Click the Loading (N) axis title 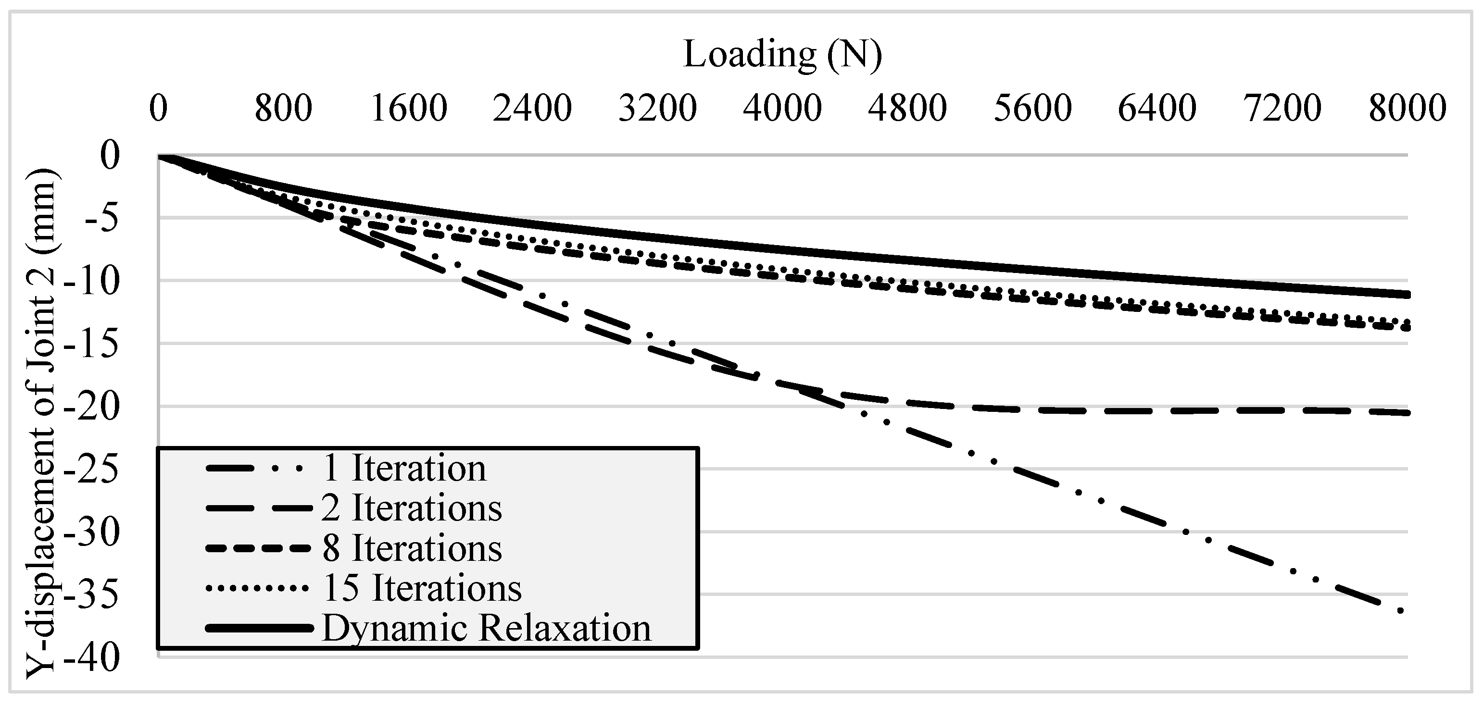[x=782, y=55]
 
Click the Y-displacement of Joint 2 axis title [x=41, y=423]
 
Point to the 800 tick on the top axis [x=283, y=108]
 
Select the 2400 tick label [x=532, y=108]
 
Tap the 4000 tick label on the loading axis [x=782, y=108]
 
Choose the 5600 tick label [x=1032, y=108]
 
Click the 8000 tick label [x=1407, y=108]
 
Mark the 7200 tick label [x=1282, y=108]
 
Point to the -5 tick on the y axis [x=102, y=219]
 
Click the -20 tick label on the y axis [x=92, y=408]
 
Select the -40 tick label [x=92, y=657]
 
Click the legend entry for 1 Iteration [x=404, y=468]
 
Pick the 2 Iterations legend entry [x=412, y=508]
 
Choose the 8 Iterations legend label [x=412, y=548]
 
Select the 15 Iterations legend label [x=422, y=588]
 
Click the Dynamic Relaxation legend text [x=487, y=628]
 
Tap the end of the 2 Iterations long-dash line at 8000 [x=1405, y=412]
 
